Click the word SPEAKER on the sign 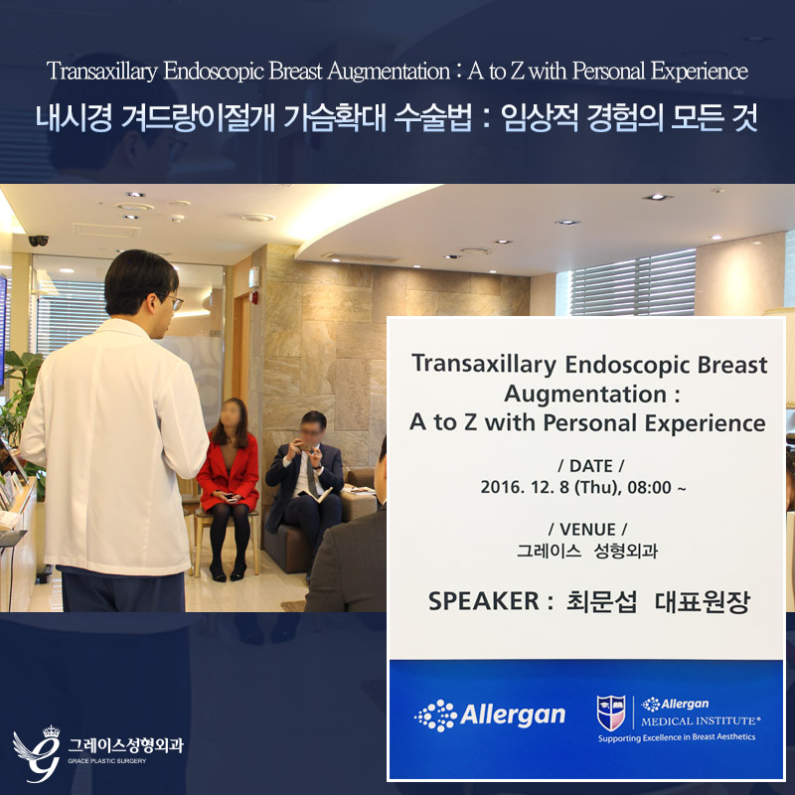point(484,601)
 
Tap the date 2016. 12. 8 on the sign point(525,487)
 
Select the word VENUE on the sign point(587,530)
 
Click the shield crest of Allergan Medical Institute point(611,713)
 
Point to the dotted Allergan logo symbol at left point(435,715)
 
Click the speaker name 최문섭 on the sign point(601,602)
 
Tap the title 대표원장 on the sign point(703,602)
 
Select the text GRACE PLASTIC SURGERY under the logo point(107,760)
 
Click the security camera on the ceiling point(39,240)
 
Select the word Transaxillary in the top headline point(102,72)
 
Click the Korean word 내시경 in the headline point(74,118)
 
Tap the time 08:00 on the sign point(650,487)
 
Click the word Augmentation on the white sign point(585,394)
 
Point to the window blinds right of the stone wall point(633,283)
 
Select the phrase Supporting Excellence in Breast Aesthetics point(677,737)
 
